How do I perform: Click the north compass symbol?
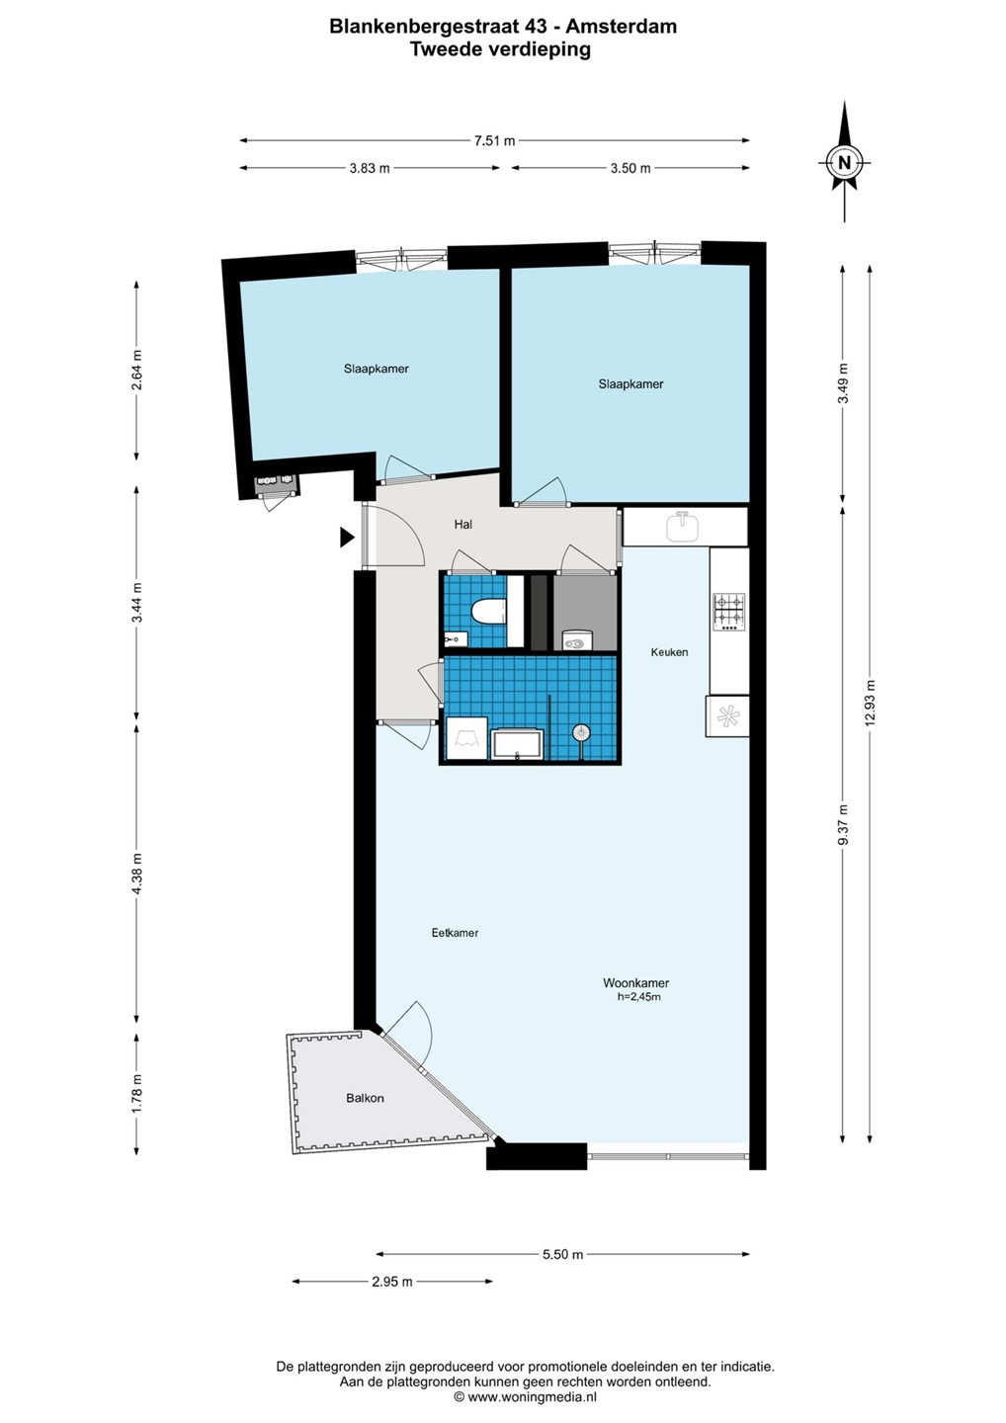[844, 162]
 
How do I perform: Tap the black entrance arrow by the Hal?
[347, 538]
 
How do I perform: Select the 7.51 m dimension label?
[495, 141]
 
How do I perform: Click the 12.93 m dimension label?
[870, 703]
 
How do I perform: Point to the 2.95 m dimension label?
[392, 1282]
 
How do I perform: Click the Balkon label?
[365, 1098]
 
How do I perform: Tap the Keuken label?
[669, 652]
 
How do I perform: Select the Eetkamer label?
[455, 933]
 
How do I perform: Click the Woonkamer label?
[635, 983]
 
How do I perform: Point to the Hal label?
[463, 525]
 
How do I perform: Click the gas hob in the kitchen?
[729, 613]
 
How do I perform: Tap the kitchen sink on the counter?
[684, 527]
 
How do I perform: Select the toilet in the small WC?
[487, 612]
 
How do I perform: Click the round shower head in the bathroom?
[580, 732]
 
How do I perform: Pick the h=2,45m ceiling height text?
[639, 997]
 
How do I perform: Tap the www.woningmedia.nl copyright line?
[525, 1397]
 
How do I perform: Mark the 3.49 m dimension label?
[843, 383]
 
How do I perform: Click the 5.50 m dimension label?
[562, 1254]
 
